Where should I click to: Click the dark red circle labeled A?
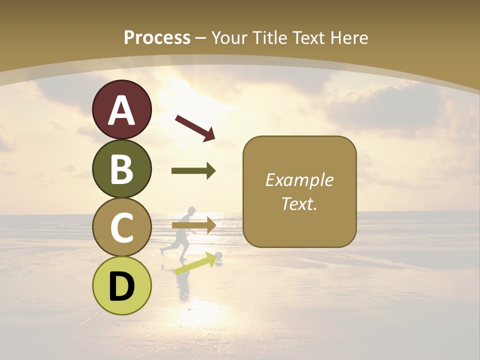(x=121, y=109)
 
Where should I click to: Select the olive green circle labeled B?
(x=121, y=168)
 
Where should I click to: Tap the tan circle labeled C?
(x=121, y=227)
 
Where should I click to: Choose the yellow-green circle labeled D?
(x=121, y=285)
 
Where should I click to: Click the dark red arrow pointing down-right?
(x=195, y=127)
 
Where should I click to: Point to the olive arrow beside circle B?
(x=193, y=171)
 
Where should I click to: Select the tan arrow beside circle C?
(x=193, y=225)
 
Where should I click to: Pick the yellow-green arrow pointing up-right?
(x=194, y=264)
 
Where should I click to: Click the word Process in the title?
(x=157, y=37)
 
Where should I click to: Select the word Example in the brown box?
(x=299, y=180)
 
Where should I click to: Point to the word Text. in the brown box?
(x=299, y=203)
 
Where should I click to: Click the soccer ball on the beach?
(x=218, y=257)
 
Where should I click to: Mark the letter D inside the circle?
(x=121, y=286)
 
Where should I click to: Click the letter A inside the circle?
(x=121, y=110)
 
